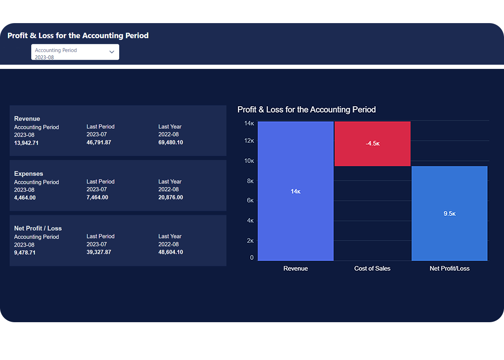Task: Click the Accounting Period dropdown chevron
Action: pyautogui.click(x=112, y=52)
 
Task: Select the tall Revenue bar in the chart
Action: pyautogui.click(x=295, y=218)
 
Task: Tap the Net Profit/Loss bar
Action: pyautogui.click(x=449, y=235)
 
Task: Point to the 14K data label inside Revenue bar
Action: pyautogui.click(x=295, y=192)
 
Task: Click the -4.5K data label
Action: pyautogui.click(x=373, y=144)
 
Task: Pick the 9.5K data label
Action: pyautogui.click(x=449, y=214)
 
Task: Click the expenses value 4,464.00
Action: pyautogui.click(x=25, y=198)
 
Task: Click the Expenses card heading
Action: pyautogui.click(x=29, y=173)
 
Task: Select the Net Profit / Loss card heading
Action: pyautogui.click(x=38, y=229)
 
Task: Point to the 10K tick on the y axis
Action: pyautogui.click(x=249, y=161)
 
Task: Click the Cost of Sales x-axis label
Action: pyautogui.click(x=372, y=268)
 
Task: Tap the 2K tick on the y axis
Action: pyautogui.click(x=250, y=241)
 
